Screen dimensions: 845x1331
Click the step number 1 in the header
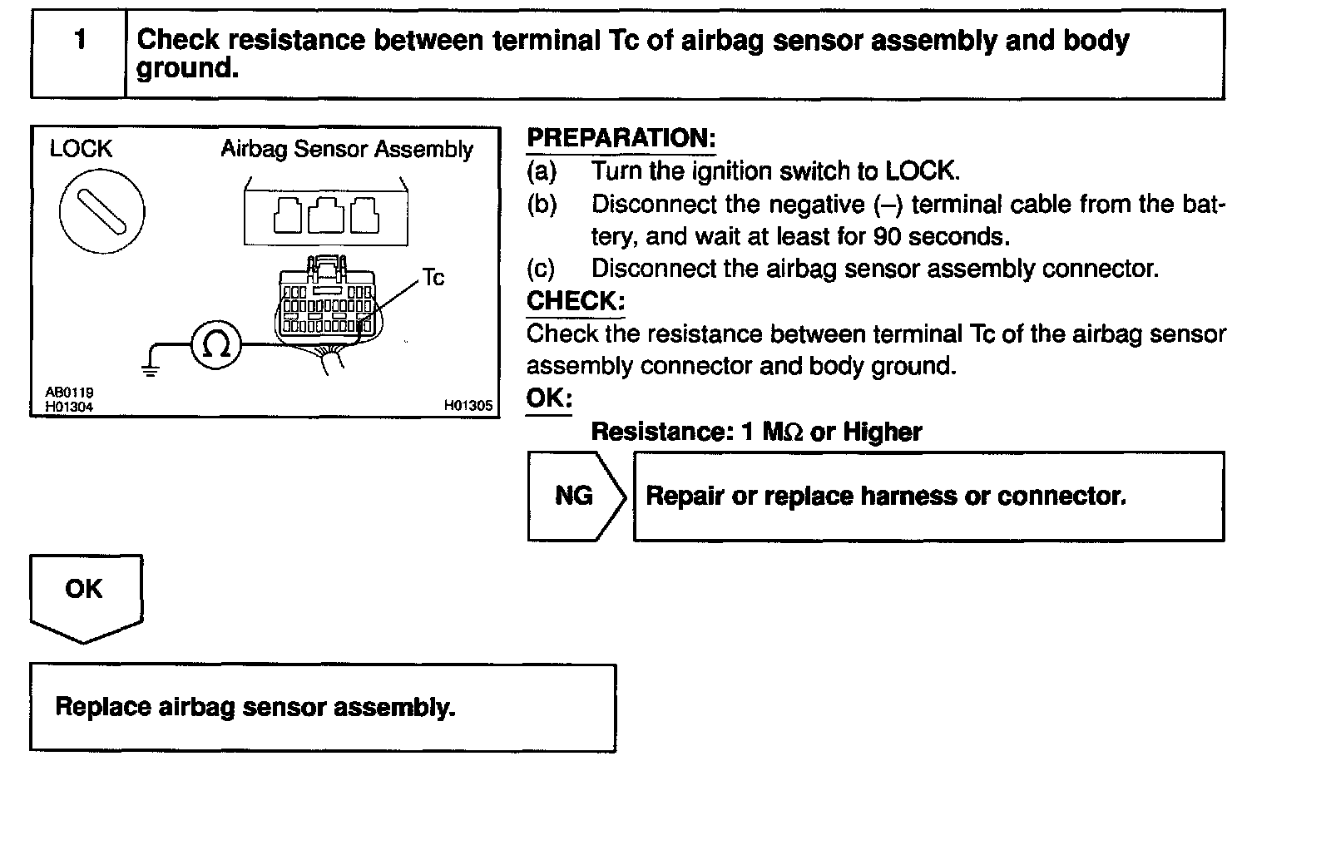pos(80,40)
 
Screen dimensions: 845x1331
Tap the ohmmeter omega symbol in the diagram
pos(216,344)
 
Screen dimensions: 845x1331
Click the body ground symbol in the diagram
pos(151,367)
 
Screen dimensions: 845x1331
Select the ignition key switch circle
pos(101,210)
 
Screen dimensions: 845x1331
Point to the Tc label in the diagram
pos(433,278)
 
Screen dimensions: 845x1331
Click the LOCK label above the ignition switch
pos(81,149)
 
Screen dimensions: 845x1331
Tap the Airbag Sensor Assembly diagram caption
pos(347,150)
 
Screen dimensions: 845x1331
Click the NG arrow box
pos(574,497)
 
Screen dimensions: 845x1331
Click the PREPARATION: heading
pos(621,138)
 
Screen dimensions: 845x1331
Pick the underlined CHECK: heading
pos(575,301)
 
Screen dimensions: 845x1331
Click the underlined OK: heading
pos(549,398)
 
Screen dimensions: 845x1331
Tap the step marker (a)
pos(542,171)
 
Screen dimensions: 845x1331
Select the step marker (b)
pos(542,205)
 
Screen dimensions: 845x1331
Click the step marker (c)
pos(542,269)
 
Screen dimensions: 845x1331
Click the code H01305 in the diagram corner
pos(468,406)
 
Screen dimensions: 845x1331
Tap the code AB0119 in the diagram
pos(69,393)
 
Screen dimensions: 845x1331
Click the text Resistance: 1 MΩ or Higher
pos(755,432)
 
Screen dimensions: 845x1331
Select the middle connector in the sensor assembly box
pos(326,215)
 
